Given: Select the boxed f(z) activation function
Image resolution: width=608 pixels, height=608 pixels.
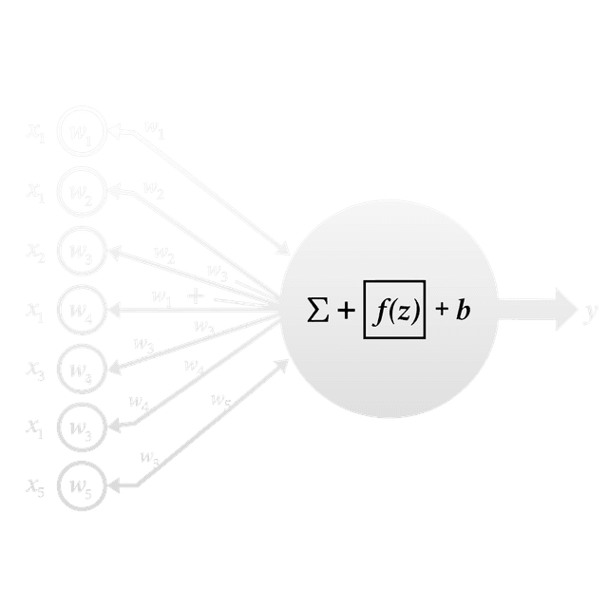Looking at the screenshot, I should (x=394, y=310).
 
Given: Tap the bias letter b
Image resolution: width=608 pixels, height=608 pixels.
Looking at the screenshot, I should (x=463, y=310).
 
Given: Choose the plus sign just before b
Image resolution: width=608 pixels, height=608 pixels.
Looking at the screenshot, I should (x=442, y=310).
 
